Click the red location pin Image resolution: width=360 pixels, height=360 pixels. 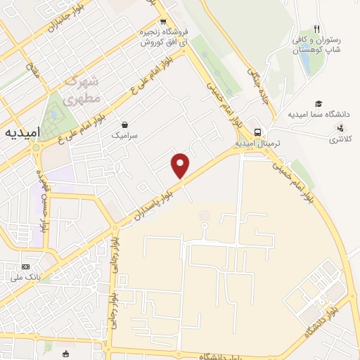pos(181,166)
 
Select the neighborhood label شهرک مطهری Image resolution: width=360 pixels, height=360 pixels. pos(84,91)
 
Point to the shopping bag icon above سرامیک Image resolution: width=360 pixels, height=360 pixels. pos(124,122)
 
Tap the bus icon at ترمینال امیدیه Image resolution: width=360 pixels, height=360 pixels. pos(258,131)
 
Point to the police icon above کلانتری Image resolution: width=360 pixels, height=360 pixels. pos(341,128)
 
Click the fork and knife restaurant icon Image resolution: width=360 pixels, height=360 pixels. pos(317,29)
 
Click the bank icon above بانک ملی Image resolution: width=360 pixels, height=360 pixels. pos(26,266)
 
